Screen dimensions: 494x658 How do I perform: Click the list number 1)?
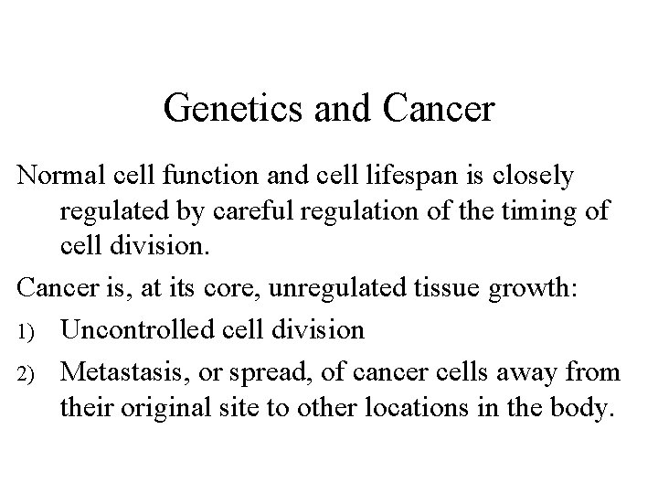[27, 330]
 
